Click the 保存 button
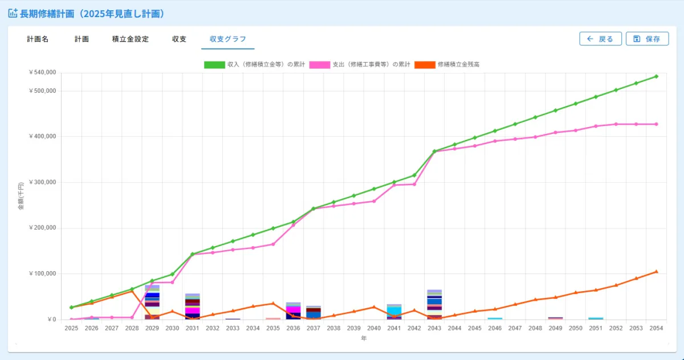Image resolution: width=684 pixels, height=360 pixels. coord(647,39)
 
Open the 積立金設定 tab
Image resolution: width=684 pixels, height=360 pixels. coord(131,39)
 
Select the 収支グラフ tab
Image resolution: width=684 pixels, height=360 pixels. coord(228,39)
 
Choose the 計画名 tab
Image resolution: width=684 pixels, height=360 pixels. coord(38,39)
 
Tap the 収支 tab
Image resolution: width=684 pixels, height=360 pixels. coord(179,39)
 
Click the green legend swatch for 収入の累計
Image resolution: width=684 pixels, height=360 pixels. coord(214,65)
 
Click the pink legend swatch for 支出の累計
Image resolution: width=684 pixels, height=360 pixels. coord(319,65)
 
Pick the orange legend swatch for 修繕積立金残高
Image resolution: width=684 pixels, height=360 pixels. coord(425,65)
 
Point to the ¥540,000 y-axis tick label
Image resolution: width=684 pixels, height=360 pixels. coord(42,72)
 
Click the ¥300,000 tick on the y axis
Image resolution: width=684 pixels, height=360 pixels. coord(42,182)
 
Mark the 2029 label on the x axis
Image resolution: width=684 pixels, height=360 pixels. coord(152,328)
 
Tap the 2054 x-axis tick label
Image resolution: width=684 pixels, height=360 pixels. coord(656,328)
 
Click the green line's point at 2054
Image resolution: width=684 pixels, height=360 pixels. coord(656,76)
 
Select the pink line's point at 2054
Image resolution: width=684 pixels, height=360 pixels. coord(656,124)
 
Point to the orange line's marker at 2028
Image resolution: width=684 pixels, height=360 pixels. coord(132,291)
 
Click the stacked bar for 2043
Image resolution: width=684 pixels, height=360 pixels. coord(434,305)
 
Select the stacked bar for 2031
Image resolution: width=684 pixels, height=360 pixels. coord(193,306)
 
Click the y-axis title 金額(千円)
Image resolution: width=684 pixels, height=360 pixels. coord(21,196)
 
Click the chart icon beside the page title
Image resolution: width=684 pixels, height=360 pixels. coord(13,13)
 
